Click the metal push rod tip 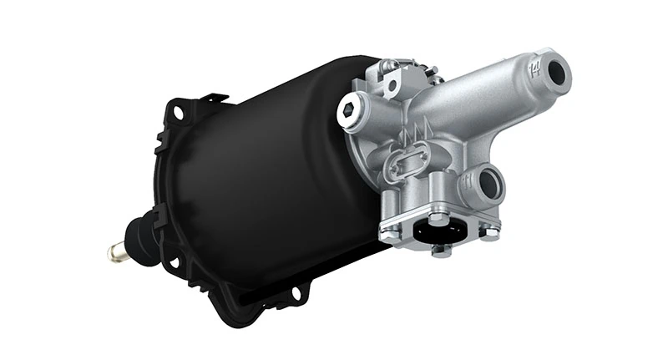coord(113,249)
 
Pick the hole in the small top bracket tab coord(391,84)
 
